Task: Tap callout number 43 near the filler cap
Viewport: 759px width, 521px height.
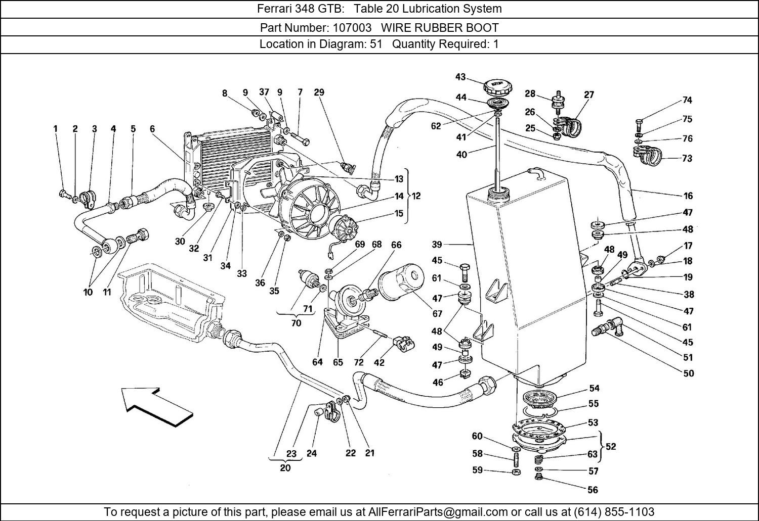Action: click(460, 77)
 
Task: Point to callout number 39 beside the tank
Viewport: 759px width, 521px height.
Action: click(437, 245)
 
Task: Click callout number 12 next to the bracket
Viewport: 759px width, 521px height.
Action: click(416, 196)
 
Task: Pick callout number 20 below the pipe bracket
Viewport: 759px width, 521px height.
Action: click(285, 468)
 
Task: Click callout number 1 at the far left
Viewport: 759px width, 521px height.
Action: click(56, 129)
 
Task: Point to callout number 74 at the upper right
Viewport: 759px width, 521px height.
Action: click(687, 100)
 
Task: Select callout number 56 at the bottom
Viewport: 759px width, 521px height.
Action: click(593, 490)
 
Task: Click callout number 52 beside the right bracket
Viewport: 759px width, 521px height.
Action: click(611, 447)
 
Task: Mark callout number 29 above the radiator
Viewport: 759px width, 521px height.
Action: click(319, 92)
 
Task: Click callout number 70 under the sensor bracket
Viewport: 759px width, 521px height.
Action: click(296, 323)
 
